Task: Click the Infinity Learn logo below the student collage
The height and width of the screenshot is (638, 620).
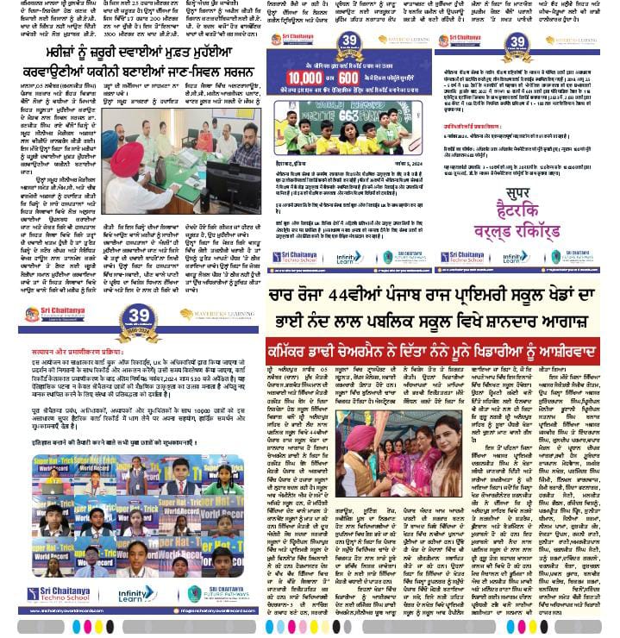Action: pyautogui.click(x=136, y=594)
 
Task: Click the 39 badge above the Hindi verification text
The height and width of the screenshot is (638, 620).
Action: pyautogui.click(x=137, y=315)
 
